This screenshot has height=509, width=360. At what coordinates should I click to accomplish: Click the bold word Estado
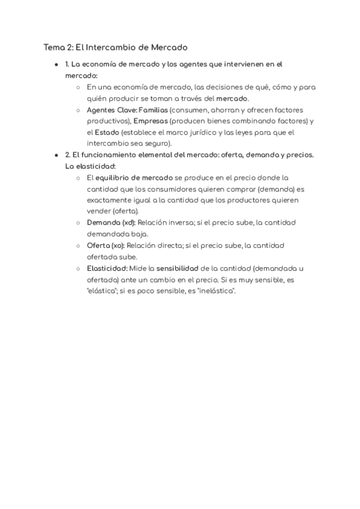click(107, 132)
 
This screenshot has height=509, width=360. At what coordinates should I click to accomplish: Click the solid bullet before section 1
click(56, 64)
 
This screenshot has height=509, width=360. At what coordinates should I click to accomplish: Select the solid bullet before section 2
click(56, 155)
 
